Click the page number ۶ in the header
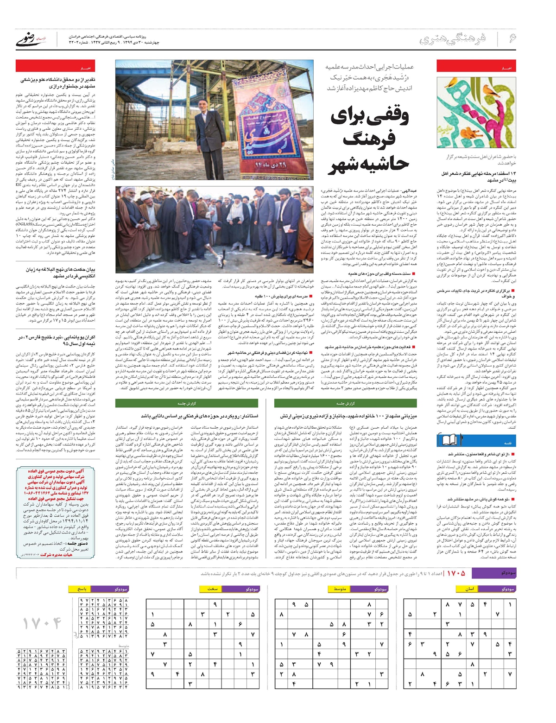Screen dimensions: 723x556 click(x=512, y=38)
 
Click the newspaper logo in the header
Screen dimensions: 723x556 click(x=32, y=40)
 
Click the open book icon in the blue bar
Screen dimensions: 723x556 click(x=463, y=440)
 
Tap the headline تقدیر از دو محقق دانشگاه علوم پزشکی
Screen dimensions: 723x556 click(x=58, y=83)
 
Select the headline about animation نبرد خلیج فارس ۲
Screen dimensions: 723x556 click(x=58, y=340)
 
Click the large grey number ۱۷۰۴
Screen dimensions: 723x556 click(x=42, y=623)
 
